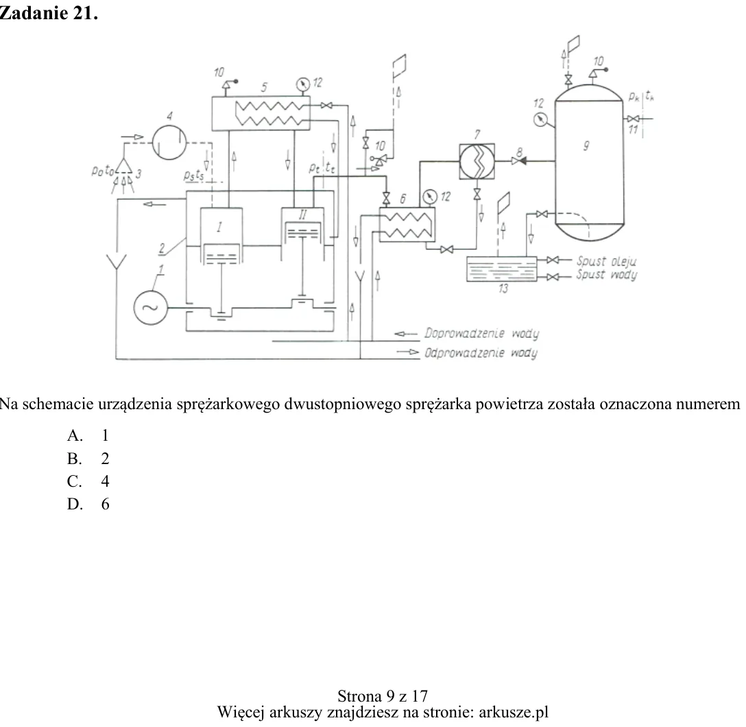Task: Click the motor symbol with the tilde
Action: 150,308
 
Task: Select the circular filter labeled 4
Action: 169,142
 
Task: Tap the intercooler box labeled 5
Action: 261,113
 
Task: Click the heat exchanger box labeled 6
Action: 407,224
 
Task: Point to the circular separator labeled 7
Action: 477,161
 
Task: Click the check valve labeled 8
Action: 518,161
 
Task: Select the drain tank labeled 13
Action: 501,269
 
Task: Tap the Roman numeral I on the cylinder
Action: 219,227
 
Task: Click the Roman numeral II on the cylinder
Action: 302,215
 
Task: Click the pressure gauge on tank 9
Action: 540,119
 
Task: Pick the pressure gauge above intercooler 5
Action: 303,85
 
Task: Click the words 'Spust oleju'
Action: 606,261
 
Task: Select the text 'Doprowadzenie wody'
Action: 481,334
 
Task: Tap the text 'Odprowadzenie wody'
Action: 481,353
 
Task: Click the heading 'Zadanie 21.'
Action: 49,13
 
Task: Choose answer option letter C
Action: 74,481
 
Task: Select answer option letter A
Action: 75,435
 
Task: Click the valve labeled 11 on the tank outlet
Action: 634,119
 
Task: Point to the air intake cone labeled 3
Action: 123,165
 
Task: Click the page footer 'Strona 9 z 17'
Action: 383,696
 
